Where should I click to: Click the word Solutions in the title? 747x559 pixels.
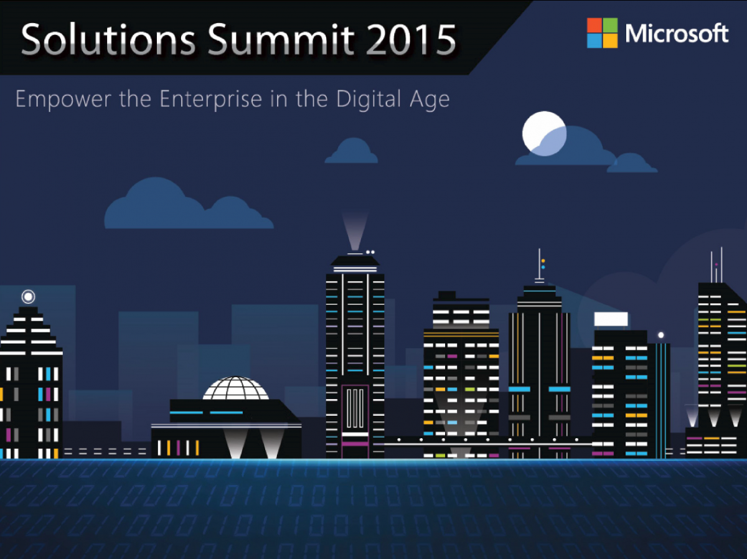pyautogui.click(x=108, y=39)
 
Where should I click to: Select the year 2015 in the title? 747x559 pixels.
pyautogui.click(x=411, y=39)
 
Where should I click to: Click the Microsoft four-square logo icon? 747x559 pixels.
pyautogui.click(x=602, y=33)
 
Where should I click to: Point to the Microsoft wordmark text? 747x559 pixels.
pyautogui.click(x=677, y=34)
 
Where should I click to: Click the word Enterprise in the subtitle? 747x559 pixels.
pyautogui.click(x=210, y=100)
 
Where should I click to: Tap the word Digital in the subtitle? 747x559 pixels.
pyautogui.click(x=369, y=100)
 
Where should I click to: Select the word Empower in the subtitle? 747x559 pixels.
pyautogui.click(x=63, y=100)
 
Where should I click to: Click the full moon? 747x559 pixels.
pyautogui.click(x=544, y=133)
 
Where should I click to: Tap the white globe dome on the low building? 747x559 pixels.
pyautogui.click(x=236, y=388)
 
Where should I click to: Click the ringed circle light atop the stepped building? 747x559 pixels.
pyautogui.click(x=28, y=297)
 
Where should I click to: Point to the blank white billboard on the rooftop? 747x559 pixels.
pyautogui.click(x=611, y=319)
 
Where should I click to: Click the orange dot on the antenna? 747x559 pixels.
pyautogui.click(x=543, y=261)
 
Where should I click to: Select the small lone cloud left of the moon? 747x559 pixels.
pyautogui.click(x=352, y=151)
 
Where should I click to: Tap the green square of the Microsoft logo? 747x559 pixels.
pyautogui.click(x=610, y=25)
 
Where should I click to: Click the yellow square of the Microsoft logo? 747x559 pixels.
pyautogui.click(x=610, y=41)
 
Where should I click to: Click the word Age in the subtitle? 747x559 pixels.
pyautogui.click(x=430, y=100)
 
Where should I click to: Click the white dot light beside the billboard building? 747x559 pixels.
pyautogui.click(x=661, y=335)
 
